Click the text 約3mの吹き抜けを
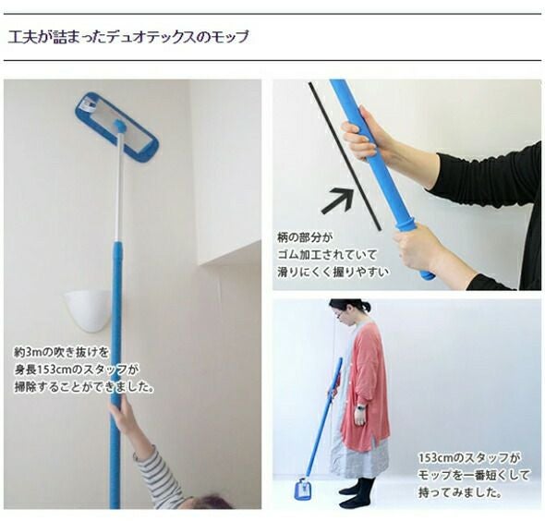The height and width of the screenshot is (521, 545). pos(61,352)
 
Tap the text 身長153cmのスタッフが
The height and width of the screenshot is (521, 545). pos(76,370)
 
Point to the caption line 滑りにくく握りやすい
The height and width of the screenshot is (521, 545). pos(333,273)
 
